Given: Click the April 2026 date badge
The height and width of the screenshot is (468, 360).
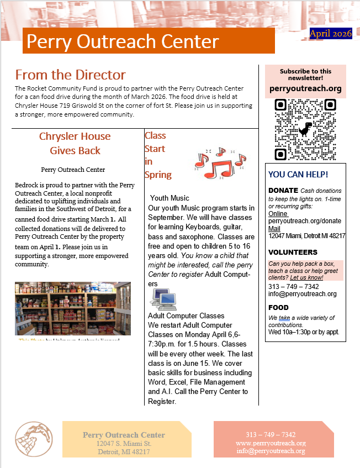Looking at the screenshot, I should pyautogui.click(x=331, y=34).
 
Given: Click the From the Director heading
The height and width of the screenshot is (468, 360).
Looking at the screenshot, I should pyautogui.click(x=70, y=75).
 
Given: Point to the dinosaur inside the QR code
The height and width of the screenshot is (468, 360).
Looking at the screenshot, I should pyautogui.click(x=305, y=129).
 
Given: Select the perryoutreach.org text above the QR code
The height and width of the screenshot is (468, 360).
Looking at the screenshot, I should pyautogui.click(x=305, y=88).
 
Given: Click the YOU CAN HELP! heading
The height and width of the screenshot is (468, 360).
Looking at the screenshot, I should pyautogui.click(x=298, y=175).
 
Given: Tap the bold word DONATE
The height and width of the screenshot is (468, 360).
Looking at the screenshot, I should pyautogui.click(x=283, y=190).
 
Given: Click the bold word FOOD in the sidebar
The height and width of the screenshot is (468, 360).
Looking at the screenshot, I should pyautogui.click(x=278, y=308).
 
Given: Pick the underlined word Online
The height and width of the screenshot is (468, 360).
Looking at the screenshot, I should pyautogui.click(x=278, y=213).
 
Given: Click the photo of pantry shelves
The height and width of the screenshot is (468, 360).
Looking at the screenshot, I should pyautogui.click(x=73, y=308).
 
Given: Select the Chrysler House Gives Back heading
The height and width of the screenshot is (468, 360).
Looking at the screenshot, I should pyautogui.click(x=75, y=143).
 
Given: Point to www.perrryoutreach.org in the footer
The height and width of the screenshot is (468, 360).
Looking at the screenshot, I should pyautogui.click(x=271, y=443).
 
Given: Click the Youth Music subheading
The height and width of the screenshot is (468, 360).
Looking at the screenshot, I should pyautogui.click(x=170, y=198).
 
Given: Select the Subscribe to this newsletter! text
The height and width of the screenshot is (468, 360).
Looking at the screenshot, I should pyautogui.click(x=305, y=75).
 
